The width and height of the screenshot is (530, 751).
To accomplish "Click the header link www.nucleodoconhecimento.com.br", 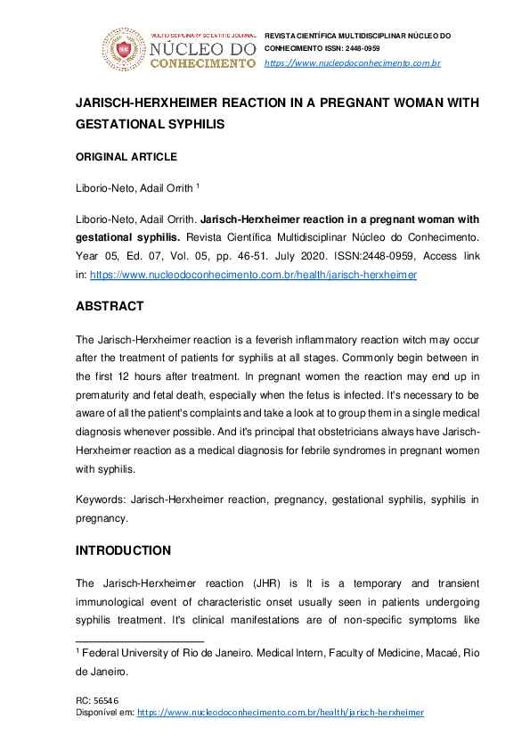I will click(x=353, y=62).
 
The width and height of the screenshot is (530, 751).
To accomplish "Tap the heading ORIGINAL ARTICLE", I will click(x=126, y=157).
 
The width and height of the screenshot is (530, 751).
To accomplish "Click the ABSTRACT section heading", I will click(x=109, y=305).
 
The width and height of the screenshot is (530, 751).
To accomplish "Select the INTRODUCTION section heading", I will click(x=123, y=550).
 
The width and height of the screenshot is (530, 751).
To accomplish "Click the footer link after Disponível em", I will click(x=280, y=712).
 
